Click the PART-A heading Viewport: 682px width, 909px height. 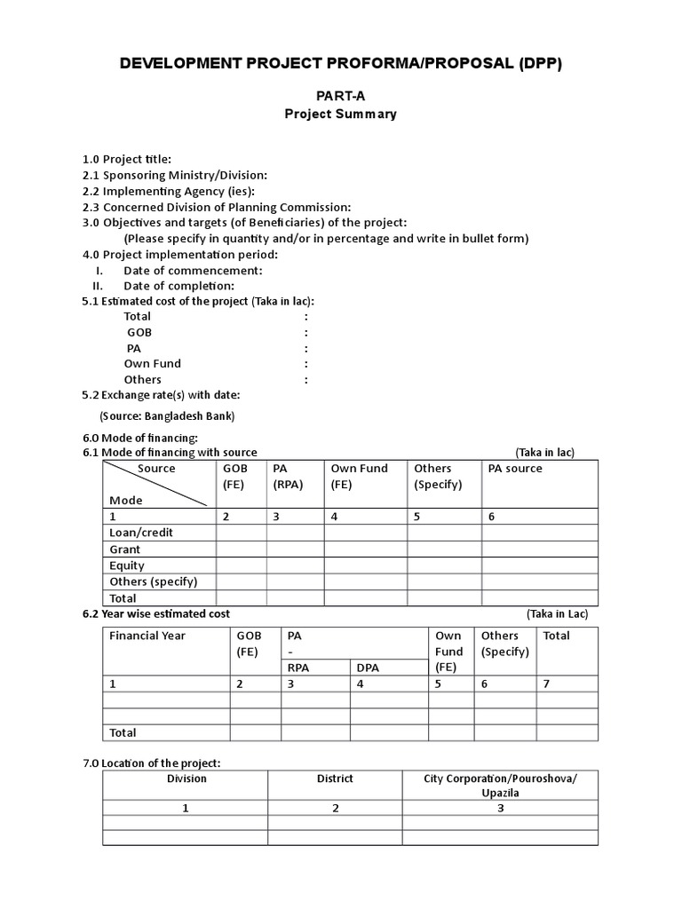[340, 96]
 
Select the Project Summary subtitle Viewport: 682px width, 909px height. [340, 114]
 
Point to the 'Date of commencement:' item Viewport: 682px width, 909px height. [193, 270]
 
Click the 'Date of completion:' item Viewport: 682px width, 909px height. [178, 286]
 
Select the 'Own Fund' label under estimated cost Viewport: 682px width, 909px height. [152, 364]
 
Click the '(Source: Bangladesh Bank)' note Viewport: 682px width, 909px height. [167, 415]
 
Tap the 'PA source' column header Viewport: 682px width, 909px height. [515, 469]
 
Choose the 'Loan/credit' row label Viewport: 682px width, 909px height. [141, 533]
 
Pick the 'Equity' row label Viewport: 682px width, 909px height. [127, 565]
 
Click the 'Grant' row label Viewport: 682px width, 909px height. [125, 549]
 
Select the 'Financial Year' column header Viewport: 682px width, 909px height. [147, 636]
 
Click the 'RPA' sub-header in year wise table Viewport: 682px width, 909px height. [298, 668]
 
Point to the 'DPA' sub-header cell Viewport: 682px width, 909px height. [368, 668]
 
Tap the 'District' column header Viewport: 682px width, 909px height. [335, 779]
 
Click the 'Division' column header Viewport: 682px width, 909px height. [186, 779]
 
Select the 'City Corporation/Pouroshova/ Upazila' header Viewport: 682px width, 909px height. [500, 786]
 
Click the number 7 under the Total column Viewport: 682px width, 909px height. [546, 684]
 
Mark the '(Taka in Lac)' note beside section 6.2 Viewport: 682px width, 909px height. [557, 614]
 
